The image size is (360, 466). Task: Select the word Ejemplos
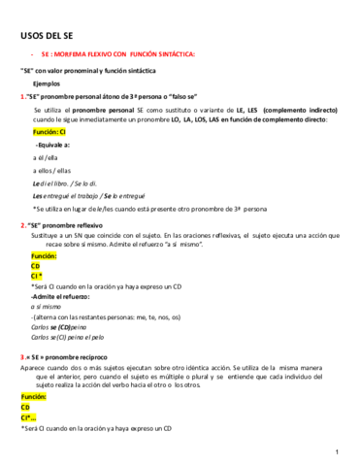[46, 84]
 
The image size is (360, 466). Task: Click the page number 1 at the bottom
[336, 451]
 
